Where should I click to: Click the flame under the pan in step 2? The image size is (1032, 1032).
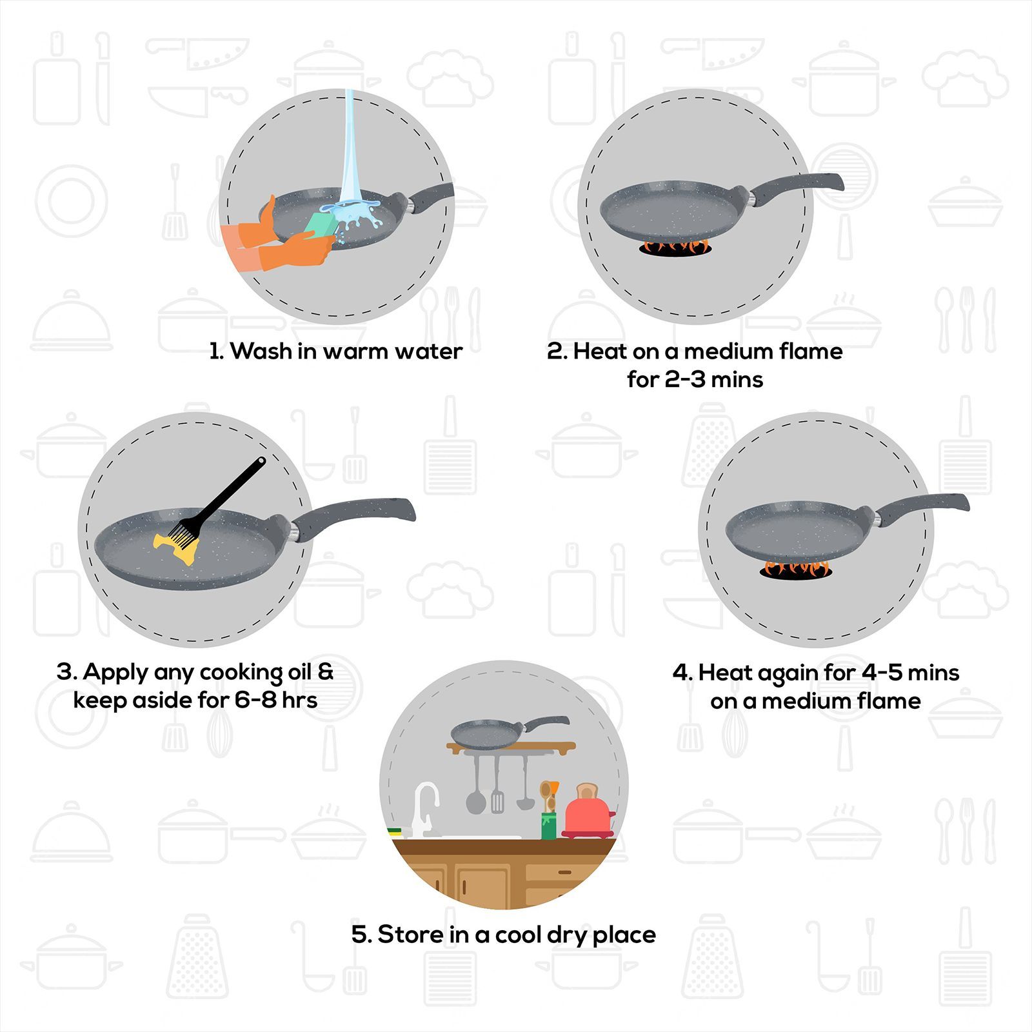674,246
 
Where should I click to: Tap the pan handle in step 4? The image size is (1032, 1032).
922,506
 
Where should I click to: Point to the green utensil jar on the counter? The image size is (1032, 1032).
548,826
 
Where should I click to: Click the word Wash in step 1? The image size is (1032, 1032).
261,352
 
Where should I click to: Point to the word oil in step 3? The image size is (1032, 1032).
298,672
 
